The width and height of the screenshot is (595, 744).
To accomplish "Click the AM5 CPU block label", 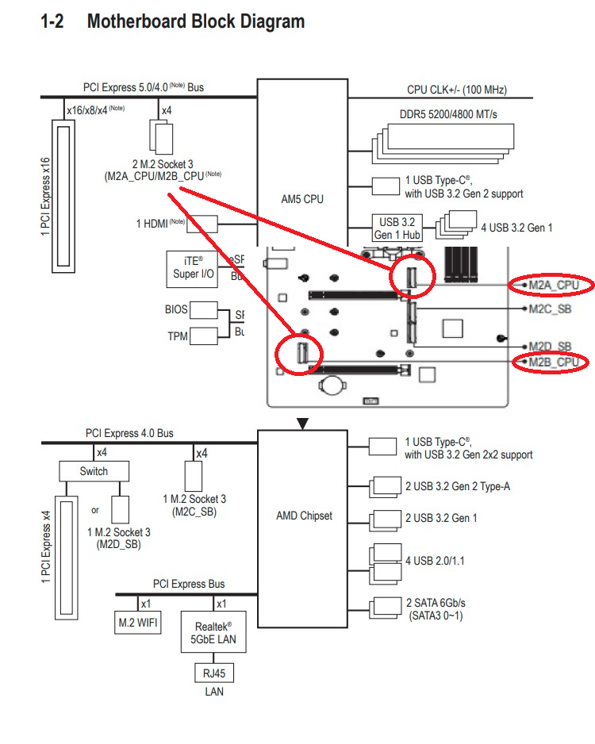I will tap(302, 199).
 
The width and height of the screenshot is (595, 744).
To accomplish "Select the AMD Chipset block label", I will tap(304, 516).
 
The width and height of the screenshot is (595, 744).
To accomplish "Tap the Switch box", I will tap(94, 471).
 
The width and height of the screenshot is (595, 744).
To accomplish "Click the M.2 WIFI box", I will tap(137, 623).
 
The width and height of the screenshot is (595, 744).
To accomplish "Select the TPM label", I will tap(178, 336).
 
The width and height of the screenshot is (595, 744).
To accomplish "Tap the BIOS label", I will tap(176, 309).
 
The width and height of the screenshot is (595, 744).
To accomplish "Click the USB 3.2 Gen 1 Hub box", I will tap(397, 228).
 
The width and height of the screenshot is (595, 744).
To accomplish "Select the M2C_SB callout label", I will tap(550, 309).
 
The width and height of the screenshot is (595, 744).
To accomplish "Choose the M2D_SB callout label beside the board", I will tap(550, 347).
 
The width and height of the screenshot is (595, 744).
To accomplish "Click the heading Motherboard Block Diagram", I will tap(195, 21).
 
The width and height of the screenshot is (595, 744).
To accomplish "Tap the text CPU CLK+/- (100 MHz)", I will tap(456, 90).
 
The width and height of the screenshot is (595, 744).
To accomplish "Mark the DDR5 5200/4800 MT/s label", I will tap(448, 115).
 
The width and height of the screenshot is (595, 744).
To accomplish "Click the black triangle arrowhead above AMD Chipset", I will tap(302, 424).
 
